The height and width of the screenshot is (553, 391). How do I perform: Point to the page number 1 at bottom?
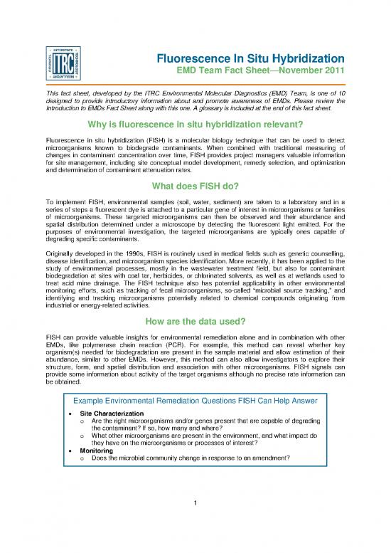(x=195, y=506)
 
